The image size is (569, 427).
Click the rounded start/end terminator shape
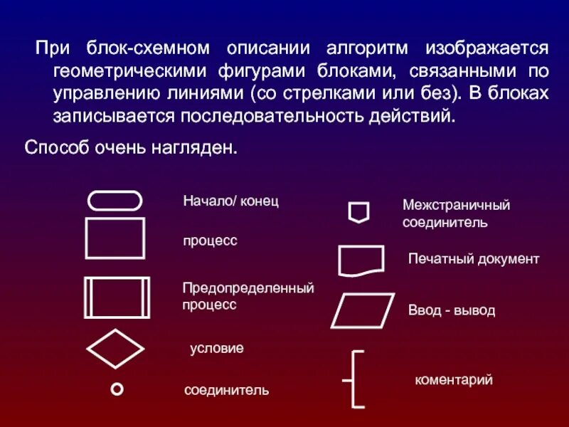115,201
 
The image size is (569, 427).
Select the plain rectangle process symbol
115,238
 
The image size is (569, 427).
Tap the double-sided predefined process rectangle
117,297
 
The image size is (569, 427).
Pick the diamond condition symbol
115,349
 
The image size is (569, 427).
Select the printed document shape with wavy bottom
361,260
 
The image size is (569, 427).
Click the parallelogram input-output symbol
362,310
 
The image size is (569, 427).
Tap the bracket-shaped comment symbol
356,379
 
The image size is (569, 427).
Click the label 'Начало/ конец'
230,201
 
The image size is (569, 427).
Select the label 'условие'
216,349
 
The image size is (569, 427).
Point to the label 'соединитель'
226,390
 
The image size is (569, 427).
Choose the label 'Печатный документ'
473,259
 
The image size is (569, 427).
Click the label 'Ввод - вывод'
451,311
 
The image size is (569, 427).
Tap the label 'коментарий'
453,380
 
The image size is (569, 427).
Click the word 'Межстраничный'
456,206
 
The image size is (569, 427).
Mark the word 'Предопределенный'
248,289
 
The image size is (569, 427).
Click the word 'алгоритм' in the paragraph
367,48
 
